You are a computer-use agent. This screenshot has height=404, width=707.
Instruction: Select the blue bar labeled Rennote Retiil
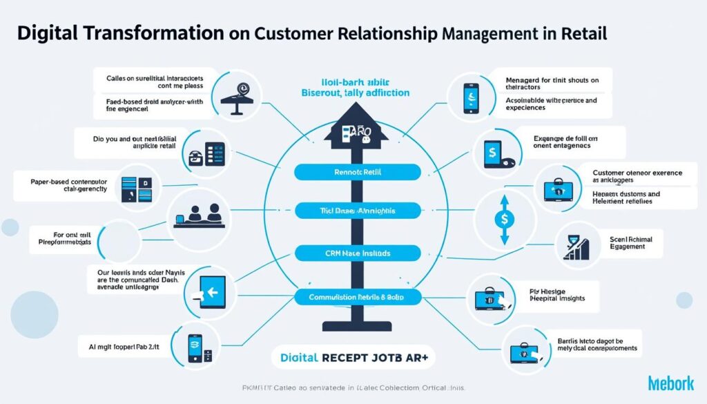pos(358,172)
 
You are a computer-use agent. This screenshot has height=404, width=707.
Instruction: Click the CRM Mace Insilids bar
pos(358,253)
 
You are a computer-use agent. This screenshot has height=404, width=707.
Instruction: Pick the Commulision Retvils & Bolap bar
pos(358,298)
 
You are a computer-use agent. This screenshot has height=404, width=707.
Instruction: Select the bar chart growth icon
pos(576,247)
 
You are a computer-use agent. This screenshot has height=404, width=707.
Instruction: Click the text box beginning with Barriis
pos(598,345)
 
